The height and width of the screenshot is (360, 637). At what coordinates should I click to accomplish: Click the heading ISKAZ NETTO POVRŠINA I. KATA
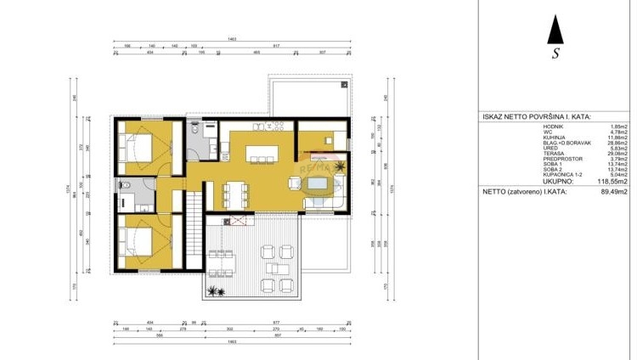536,117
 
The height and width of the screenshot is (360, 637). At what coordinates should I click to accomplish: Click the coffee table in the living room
319,184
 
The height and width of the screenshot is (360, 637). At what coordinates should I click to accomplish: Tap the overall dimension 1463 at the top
230,40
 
